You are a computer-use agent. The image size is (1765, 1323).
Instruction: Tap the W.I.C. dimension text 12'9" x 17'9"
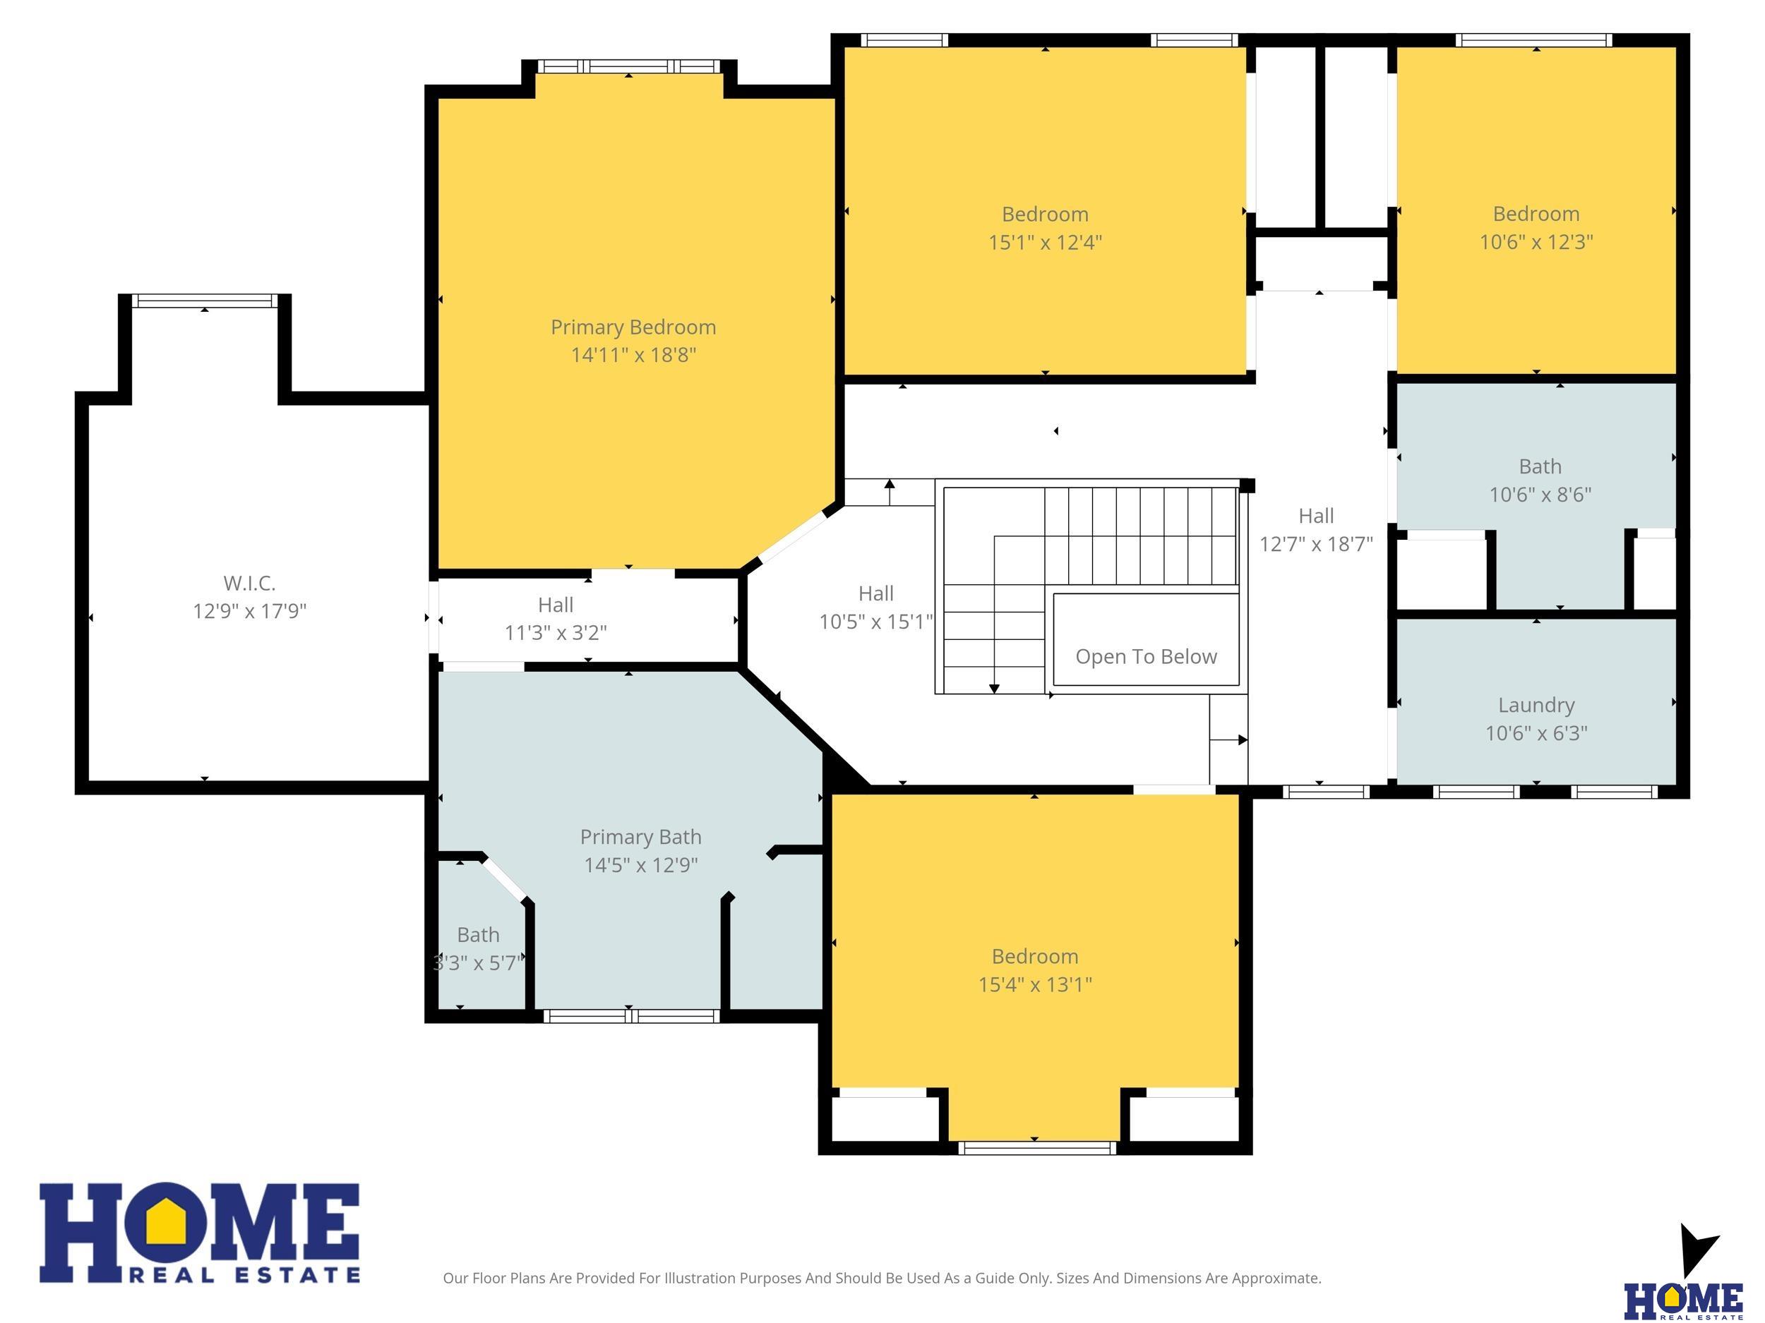250,611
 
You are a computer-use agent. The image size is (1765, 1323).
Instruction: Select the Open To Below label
1146,656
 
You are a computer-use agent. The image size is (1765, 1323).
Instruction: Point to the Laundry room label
1536,705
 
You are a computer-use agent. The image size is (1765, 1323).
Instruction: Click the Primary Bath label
641,837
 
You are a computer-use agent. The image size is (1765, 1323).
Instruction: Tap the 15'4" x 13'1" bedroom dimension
1035,984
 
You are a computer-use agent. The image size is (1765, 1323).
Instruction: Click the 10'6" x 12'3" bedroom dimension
1536,241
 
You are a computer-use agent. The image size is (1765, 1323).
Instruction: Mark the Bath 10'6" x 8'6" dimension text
1540,495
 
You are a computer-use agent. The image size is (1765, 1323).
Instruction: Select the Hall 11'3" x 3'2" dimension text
556,632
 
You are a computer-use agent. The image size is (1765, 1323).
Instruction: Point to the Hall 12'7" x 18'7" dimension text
1316,544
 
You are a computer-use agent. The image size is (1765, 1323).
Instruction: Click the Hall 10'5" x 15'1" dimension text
875,621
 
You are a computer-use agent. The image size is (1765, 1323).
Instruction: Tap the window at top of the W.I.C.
204,301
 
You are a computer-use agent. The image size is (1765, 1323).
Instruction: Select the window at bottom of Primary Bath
631,1016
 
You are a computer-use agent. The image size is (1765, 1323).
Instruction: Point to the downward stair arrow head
994,688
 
